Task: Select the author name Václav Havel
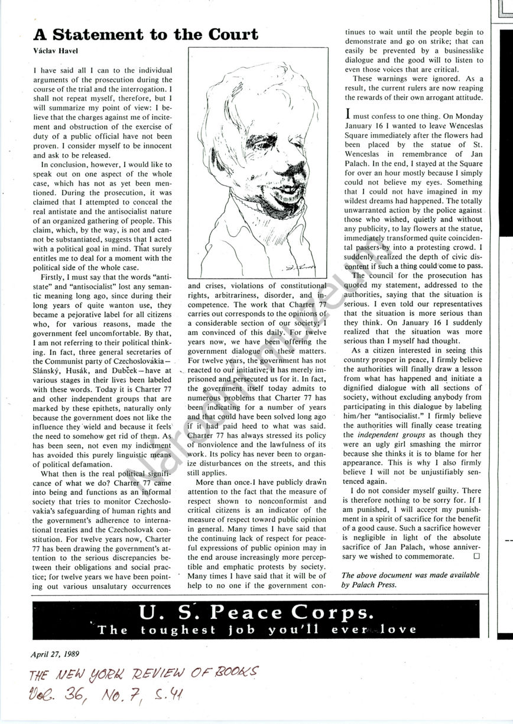pyautogui.click(x=53, y=52)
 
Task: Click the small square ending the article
pyautogui.click(x=477, y=556)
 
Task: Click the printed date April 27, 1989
pyautogui.click(x=55, y=654)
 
